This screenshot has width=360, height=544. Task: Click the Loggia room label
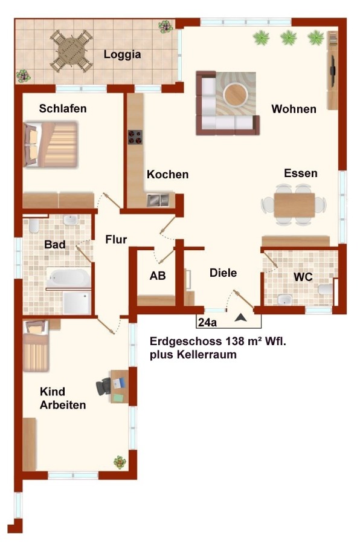point(122,54)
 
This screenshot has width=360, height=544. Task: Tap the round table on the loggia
point(71,51)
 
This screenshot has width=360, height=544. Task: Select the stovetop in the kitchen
point(135,137)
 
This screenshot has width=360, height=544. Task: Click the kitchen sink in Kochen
point(158,200)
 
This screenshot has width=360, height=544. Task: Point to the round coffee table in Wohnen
point(236,95)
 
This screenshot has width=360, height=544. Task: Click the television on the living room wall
point(332,71)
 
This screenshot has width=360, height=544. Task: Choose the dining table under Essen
point(294,205)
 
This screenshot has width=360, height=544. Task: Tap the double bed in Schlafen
point(50,144)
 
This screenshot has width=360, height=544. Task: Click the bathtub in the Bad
point(68,278)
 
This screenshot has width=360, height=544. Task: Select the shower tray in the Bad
point(77,303)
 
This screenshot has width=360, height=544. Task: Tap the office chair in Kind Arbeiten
point(103,386)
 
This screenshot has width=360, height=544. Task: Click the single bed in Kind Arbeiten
point(36,345)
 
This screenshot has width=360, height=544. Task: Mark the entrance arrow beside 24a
point(240,317)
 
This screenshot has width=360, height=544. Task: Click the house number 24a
point(207,322)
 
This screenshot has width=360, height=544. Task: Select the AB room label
point(158,276)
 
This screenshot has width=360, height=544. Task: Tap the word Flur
point(116,239)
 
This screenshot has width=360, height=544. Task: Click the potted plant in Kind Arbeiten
point(120,462)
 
